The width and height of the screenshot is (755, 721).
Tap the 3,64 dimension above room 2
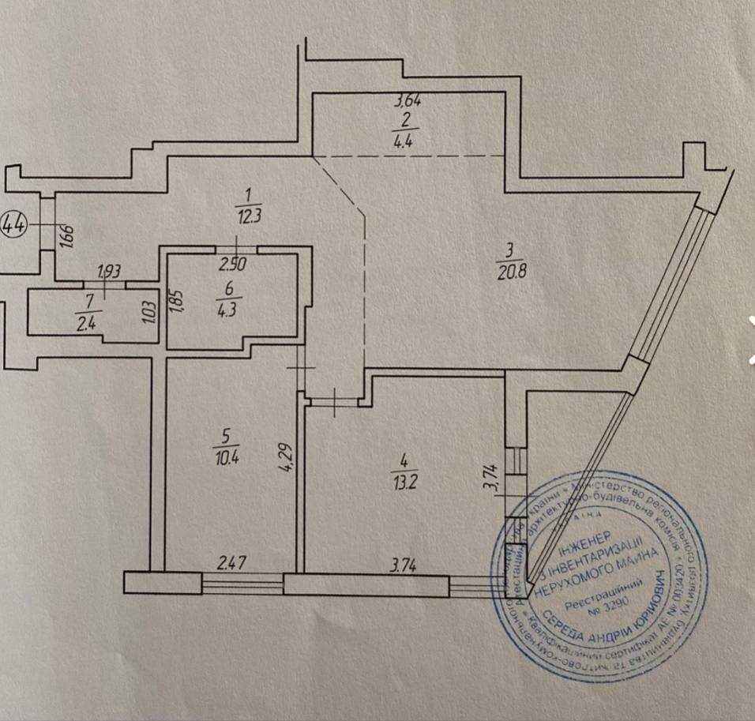(407, 101)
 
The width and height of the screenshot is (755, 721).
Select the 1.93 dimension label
(109, 272)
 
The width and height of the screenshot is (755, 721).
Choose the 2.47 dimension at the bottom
(232, 564)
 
